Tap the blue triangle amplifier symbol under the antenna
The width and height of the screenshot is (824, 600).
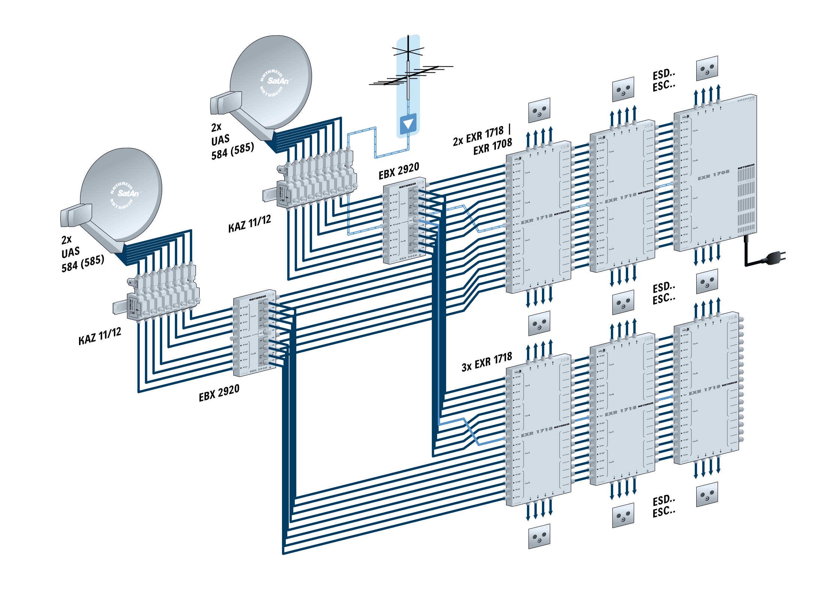tap(408, 123)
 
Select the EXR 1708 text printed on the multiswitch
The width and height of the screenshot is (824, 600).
tap(713, 175)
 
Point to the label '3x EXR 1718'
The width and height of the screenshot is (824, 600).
tap(487, 362)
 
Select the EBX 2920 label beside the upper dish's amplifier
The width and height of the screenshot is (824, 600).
tap(399, 171)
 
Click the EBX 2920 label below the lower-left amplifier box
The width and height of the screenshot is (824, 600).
tap(219, 393)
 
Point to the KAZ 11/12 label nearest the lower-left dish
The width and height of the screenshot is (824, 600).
tap(100, 336)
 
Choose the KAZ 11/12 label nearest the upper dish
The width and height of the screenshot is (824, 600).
tap(249, 223)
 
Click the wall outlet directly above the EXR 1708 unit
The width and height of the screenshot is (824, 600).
tap(707, 68)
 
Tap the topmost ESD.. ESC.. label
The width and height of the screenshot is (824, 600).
tap(664, 80)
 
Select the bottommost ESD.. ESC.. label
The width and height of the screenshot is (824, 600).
tap(664, 506)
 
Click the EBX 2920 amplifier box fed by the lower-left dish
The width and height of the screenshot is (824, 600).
tap(255, 333)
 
